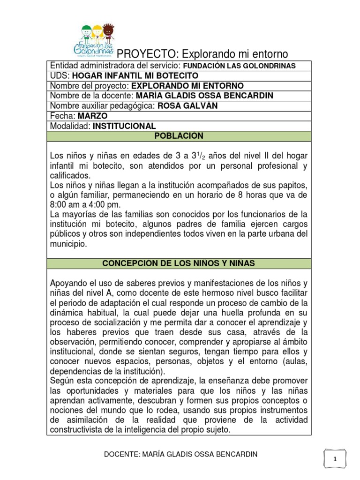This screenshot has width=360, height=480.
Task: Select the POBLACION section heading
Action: coord(179,136)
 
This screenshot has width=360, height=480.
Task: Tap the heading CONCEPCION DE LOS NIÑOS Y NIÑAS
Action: coord(179,263)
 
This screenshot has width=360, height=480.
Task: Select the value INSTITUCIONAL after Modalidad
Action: coord(124,126)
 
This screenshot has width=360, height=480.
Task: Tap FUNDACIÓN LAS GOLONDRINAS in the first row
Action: coord(239,66)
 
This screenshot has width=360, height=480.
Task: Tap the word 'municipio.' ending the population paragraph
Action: coord(68,244)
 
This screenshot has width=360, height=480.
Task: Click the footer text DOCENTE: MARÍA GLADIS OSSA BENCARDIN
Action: coord(180,454)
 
